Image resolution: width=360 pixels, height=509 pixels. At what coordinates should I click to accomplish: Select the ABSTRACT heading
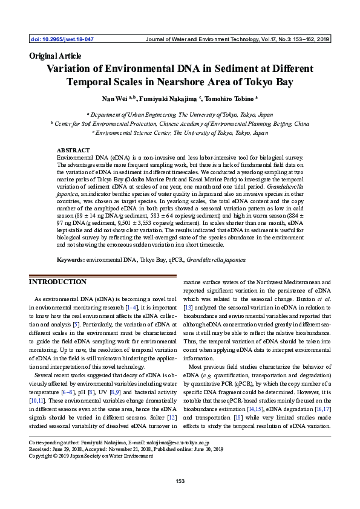[73, 149]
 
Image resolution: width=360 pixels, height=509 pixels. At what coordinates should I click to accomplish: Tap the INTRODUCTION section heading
[58, 282]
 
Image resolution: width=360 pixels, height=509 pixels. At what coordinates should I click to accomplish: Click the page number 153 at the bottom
[180, 481]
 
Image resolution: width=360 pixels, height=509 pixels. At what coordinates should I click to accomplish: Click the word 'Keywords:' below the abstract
[70, 259]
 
